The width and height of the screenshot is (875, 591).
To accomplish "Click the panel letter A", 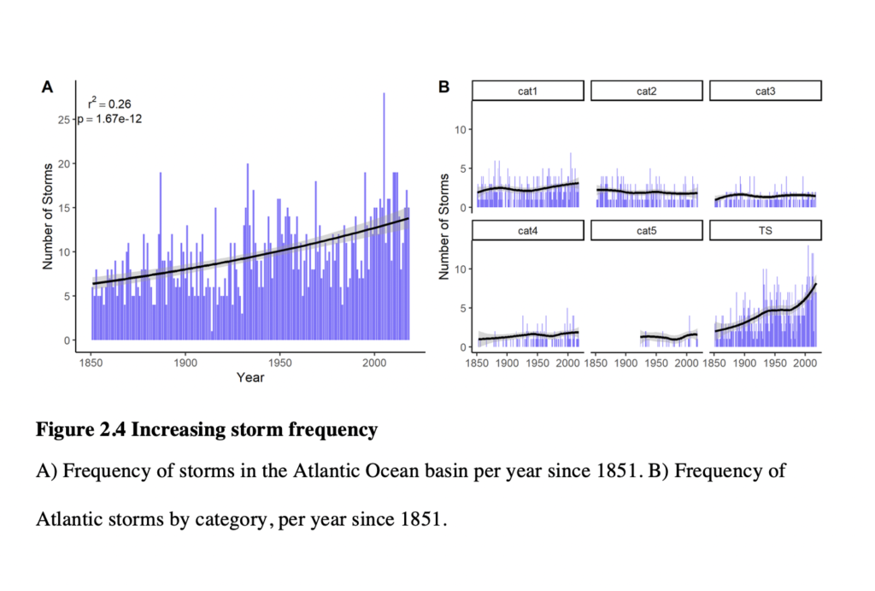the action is [x=48, y=87].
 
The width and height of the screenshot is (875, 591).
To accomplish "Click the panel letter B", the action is [x=444, y=87].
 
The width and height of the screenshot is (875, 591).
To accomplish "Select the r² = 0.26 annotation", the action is [x=109, y=103].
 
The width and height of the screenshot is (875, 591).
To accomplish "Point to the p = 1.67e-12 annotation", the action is [x=110, y=119].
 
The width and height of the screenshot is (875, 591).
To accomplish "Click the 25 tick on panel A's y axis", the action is [x=63, y=120].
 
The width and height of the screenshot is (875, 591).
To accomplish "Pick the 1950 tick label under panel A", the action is [x=279, y=363].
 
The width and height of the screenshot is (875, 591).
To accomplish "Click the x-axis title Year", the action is [x=250, y=378].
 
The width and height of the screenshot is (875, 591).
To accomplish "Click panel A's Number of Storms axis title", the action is [x=48, y=216].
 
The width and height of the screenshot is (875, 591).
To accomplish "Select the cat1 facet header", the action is [x=528, y=91].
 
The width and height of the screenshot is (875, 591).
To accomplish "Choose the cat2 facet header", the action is [x=647, y=91].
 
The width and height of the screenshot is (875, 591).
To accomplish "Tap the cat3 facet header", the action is [x=766, y=91].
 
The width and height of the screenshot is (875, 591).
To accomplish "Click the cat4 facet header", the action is [x=528, y=230].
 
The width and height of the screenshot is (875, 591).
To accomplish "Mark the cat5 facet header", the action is [x=647, y=230].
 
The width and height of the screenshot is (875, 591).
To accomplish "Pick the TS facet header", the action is [x=766, y=230].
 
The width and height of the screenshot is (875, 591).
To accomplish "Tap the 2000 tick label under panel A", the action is [x=374, y=363].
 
